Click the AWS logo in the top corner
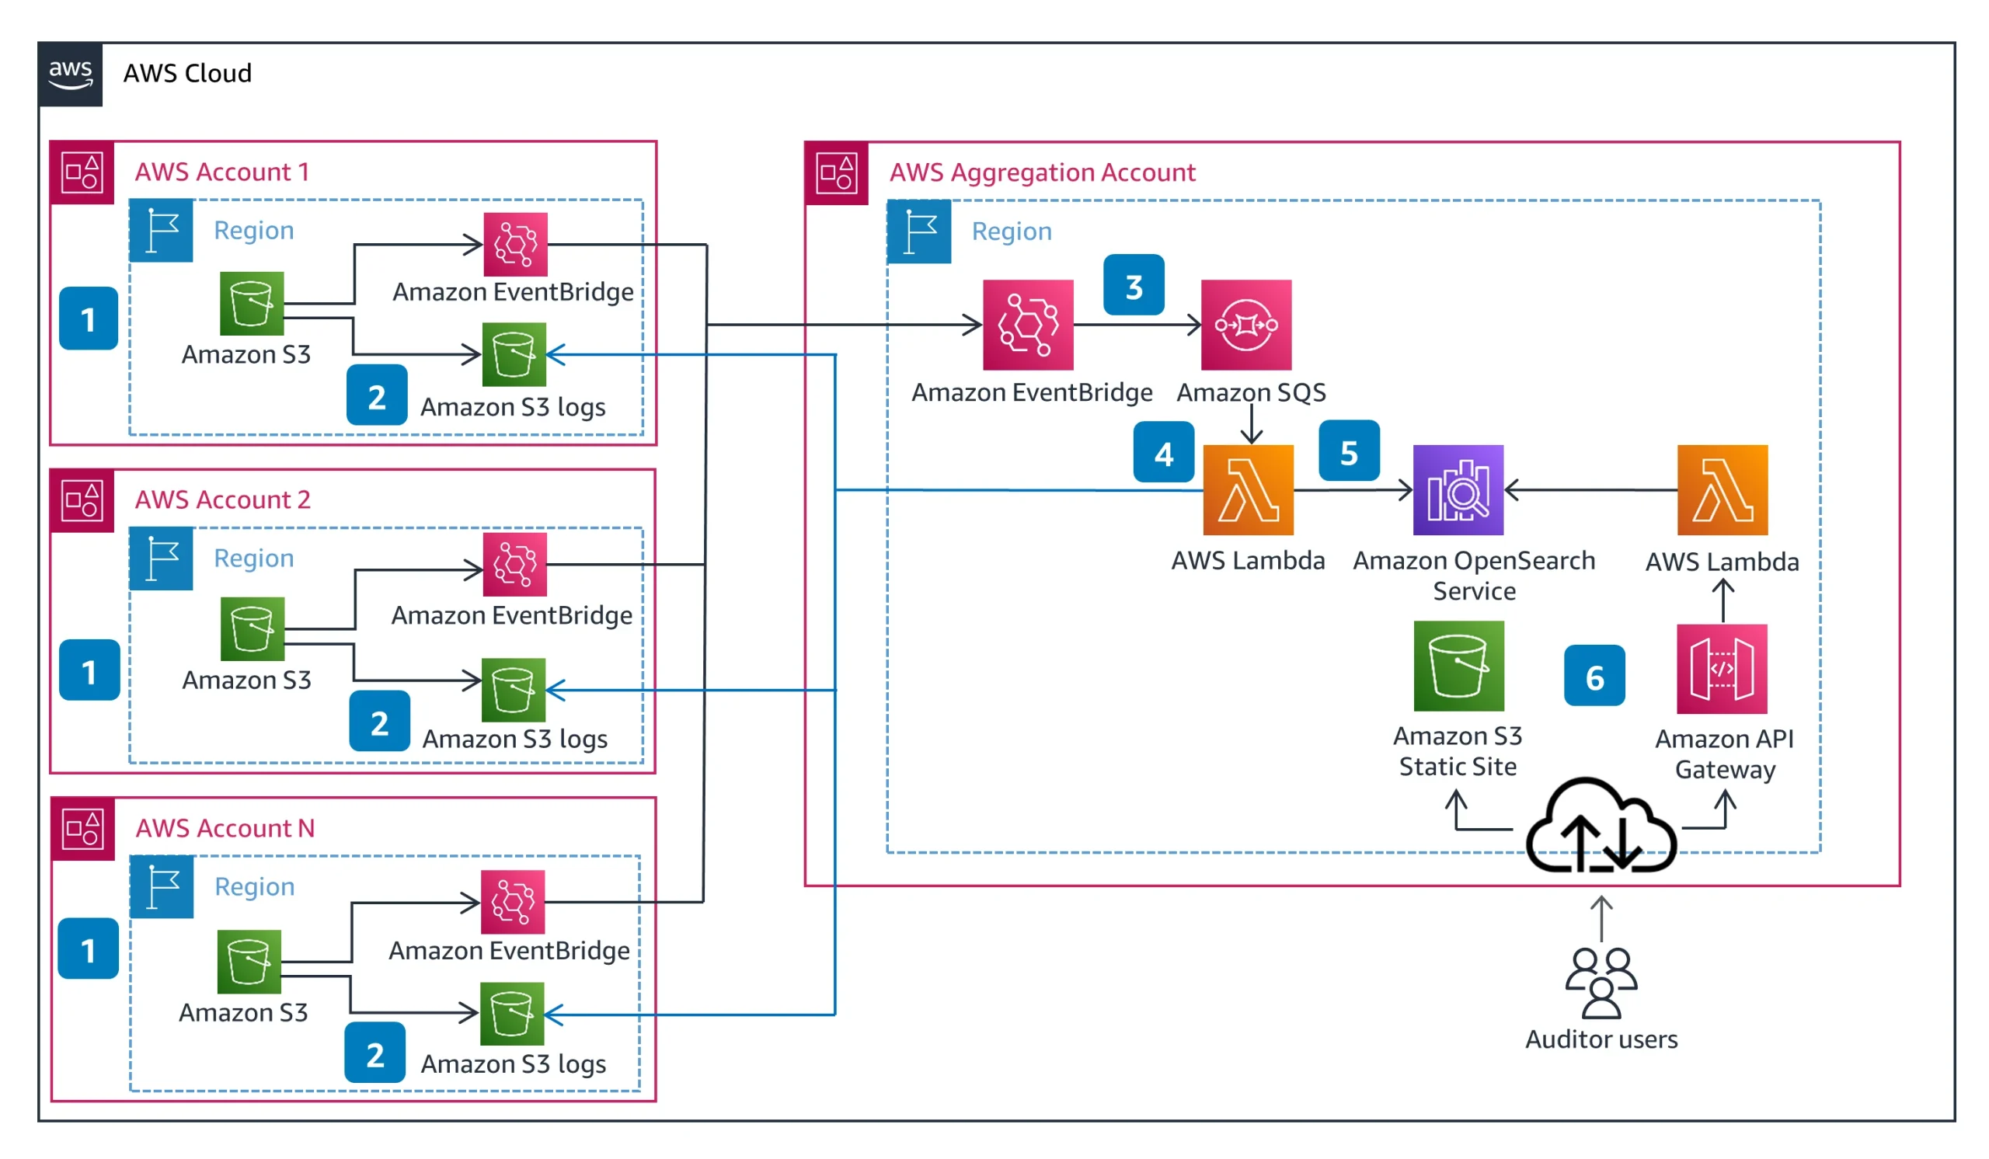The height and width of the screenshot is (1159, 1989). [70, 74]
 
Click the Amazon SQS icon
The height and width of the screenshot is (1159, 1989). [1246, 325]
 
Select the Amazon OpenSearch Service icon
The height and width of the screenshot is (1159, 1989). [1458, 490]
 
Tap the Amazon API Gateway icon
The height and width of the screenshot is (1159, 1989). [1722, 669]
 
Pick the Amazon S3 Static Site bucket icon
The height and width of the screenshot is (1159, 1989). [1458, 666]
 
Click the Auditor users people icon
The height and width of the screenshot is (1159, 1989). [1601, 983]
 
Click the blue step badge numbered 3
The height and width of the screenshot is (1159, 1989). [1134, 286]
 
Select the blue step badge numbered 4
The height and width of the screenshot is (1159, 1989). [1163, 452]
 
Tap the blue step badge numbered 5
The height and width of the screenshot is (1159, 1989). [1349, 451]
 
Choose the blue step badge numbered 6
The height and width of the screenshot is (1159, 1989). [1594, 676]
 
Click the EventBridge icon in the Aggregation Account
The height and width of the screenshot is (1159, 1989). [1028, 325]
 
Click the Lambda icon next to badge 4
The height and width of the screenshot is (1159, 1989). [1248, 490]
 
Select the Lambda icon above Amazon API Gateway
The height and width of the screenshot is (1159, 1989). [1723, 490]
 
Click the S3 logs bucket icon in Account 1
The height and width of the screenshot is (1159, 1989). [514, 355]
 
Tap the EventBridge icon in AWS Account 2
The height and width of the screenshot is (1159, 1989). [514, 565]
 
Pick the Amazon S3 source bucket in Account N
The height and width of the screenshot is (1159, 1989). [249, 962]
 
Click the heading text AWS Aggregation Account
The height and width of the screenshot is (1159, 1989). [1042, 172]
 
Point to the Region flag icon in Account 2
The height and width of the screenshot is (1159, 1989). [162, 559]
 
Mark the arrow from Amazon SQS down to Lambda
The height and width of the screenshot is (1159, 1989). [1251, 425]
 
